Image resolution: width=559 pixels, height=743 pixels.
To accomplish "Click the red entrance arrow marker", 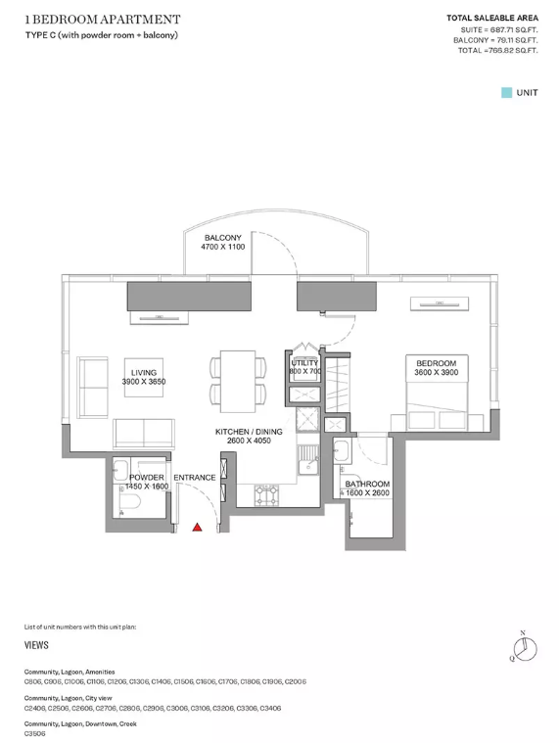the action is [x=197, y=527].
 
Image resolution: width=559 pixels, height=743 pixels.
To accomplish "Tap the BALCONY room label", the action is [x=222, y=238].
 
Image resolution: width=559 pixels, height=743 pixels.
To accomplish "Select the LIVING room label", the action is [x=144, y=372].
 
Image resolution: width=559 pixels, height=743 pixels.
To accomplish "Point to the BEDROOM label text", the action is [x=436, y=363].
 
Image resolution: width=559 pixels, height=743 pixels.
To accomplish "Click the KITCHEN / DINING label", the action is [x=249, y=432].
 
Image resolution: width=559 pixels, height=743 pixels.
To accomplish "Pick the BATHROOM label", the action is [x=367, y=484].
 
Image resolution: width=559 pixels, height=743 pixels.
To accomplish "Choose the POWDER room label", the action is [x=147, y=477].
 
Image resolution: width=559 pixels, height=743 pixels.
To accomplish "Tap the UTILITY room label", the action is [x=304, y=363].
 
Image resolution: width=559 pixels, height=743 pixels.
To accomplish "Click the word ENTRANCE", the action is [x=194, y=477].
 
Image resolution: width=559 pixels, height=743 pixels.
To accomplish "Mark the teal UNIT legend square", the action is [x=506, y=92].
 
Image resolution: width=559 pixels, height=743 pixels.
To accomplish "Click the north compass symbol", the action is [x=525, y=648].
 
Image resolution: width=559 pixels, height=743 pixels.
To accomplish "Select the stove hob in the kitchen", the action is [x=266, y=495].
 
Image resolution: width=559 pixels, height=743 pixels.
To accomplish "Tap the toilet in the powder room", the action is [x=129, y=501].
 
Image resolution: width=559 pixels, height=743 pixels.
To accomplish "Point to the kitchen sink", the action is [x=308, y=460].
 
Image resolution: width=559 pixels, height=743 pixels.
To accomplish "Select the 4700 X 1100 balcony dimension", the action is [x=222, y=247].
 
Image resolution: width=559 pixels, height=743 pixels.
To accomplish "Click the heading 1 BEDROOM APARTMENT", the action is [x=103, y=20].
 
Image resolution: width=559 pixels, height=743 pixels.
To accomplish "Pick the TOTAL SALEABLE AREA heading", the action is [x=492, y=18].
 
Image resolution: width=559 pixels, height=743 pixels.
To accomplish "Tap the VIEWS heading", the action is [x=36, y=645].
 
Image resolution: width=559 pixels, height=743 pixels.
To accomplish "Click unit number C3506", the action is [x=34, y=733].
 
